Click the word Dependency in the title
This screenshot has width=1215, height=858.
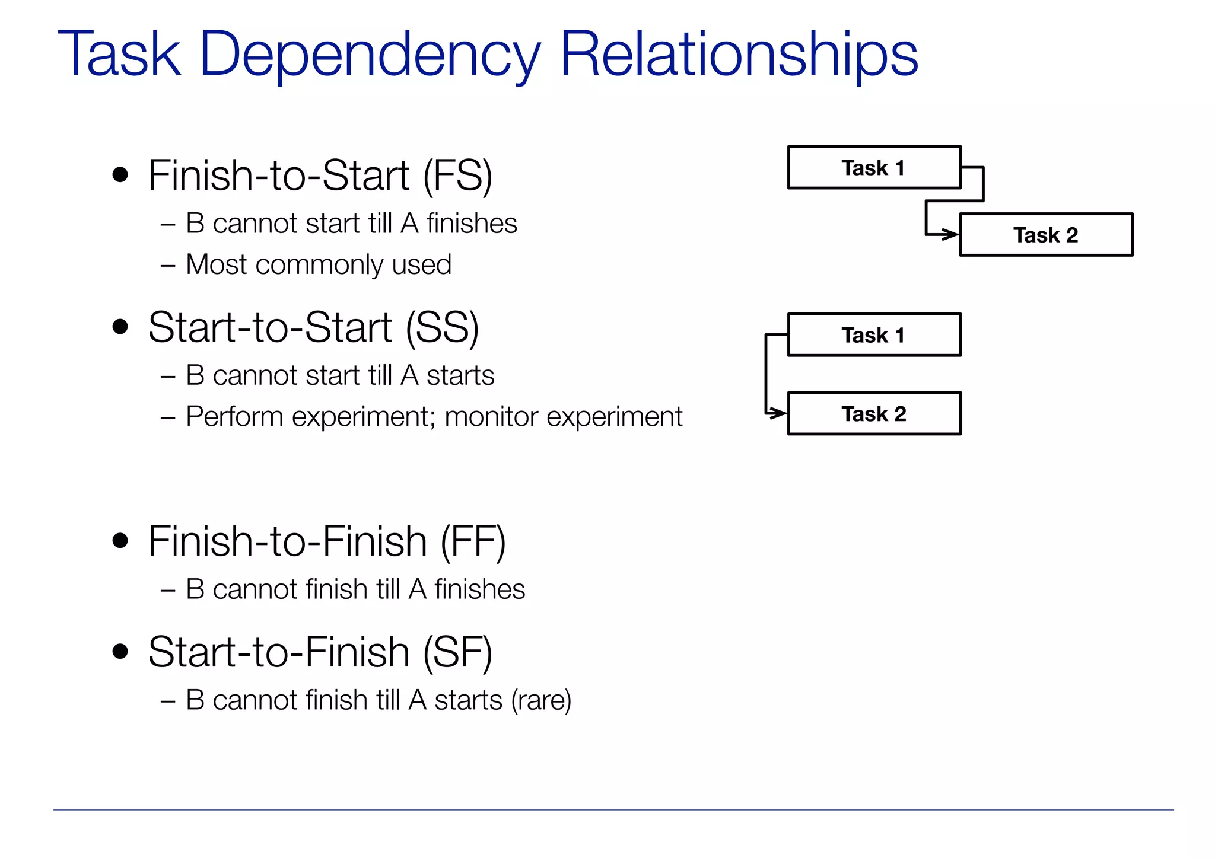click(x=369, y=55)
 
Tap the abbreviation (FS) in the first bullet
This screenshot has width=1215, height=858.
click(x=457, y=176)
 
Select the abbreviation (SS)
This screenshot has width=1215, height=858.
click(x=442, y=328)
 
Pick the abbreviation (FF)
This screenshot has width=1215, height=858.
click(x=473, y=542)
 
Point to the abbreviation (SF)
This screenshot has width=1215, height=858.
click(x=457, y=653)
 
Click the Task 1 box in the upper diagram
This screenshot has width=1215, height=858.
click(x=873, y=168)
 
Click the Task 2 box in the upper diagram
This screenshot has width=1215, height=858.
click(x=1045, y=235)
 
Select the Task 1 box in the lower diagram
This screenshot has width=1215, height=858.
click(x=873, y=335)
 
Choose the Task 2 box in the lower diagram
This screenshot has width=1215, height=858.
click(x=873, y=414)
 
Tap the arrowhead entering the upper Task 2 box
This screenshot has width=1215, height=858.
click(x=952, y=234)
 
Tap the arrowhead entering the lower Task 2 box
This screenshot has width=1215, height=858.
click(x=778, y=413)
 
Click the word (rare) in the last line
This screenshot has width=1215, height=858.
click(x=540, y=700)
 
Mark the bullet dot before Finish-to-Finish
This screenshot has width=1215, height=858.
click(x=120, y=541)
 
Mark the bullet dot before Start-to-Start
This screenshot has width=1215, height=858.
click(x=120, y=327)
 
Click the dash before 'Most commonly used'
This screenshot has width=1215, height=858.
click(x=168, y=266)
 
